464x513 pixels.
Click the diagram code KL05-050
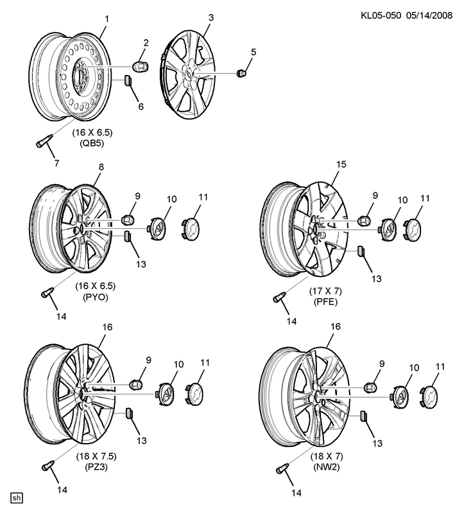pyautogui.click(x=381, y=15)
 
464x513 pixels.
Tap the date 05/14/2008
pyautogui.click(x=429, y=15)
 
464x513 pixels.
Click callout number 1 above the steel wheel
pyautogui.click(x=107, y=19)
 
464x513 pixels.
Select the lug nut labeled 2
pyautogui.click(x=140, y=67)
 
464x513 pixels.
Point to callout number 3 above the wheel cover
pyautogui.click(x=211, y=17)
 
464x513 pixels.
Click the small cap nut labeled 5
pyautogui.click(x=241, y=73)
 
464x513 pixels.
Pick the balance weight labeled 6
pyautogui.click(x=127, y=80)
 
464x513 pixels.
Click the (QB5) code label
pyautogui.click(x=92, y=143)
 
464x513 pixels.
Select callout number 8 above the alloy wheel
pyautogui.click(x=101, y=167)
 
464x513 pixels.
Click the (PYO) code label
pyautogui.click(x=96, y=297)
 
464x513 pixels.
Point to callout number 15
pyautogui.click(x=341, y=164)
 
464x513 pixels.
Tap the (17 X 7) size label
pyautogui.click(x=325, y=290)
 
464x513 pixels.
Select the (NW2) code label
pyautogui.click(x=327, y=467)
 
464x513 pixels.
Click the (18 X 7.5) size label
pyautogui.click(x=96, y=456)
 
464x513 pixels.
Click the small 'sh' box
pyautogui.click(x=17, y=498)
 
